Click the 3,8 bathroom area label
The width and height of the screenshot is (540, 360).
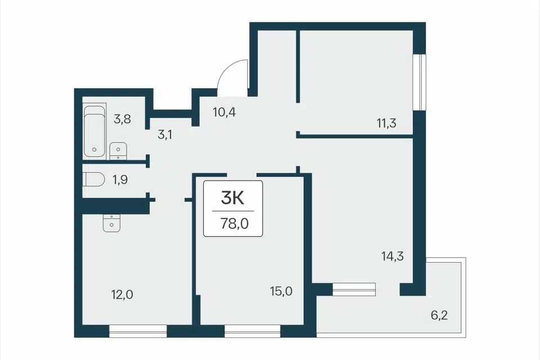[x=122, y=119]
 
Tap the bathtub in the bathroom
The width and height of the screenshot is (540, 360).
[x=94, y=131]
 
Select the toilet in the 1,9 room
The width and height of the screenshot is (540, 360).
[x=94, y=179]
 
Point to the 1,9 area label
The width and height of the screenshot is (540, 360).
[x=120, y=179]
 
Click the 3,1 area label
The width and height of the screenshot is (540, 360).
[x=165, y=134]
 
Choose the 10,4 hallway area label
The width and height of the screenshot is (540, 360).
[x=224, y=112]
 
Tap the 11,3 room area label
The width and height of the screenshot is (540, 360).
[x=386, y=123]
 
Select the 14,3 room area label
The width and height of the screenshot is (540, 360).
[x=392, y=256]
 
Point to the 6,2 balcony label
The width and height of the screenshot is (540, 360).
[x=439, y=315]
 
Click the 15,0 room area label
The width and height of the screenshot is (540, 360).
[x=281, y=291]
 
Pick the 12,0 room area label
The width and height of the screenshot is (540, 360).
[x=122, y=295]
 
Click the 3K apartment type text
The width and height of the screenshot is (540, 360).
[x=233, y=198]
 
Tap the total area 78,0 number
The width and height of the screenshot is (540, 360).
[x=235, y=224]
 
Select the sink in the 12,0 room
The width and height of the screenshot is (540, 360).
[x=111, y=223]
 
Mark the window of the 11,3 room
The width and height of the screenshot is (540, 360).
[x=420, y=82]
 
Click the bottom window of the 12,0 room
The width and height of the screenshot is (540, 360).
[x=138, y=331]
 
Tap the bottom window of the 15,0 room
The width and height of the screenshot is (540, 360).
[x=253, y=331]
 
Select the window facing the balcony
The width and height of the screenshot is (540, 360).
[x=354, y=289]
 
